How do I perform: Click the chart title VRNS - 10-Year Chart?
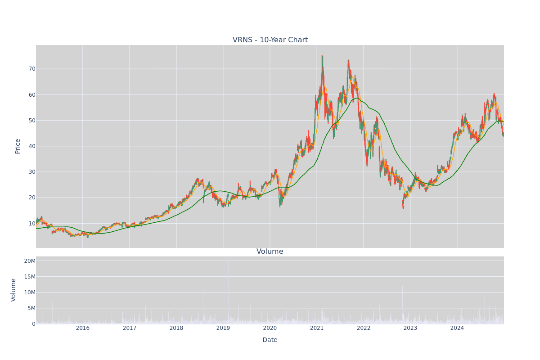click(270, 40)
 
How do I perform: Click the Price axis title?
click(18, 146)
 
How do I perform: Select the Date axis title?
click(270, 340)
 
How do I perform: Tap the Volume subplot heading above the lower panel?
click(270, 252)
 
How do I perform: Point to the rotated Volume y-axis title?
click(13, 290)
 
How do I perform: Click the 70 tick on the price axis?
click(32, 69)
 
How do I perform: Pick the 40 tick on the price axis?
click(32, 146)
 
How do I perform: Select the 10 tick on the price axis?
click(32, 224)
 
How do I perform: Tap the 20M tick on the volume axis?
click(30, 261)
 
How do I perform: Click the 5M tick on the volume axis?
click(31, 308)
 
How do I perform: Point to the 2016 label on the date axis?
click(82, 328)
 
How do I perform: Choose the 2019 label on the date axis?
click(223, 328)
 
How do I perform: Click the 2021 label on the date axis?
click(316, 328)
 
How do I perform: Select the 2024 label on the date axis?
click(457, 328)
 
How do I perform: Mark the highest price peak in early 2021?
click(322, 56)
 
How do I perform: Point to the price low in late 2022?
click(403, 208)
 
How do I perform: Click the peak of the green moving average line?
click(357, 98)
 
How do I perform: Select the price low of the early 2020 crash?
click(280, 207)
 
